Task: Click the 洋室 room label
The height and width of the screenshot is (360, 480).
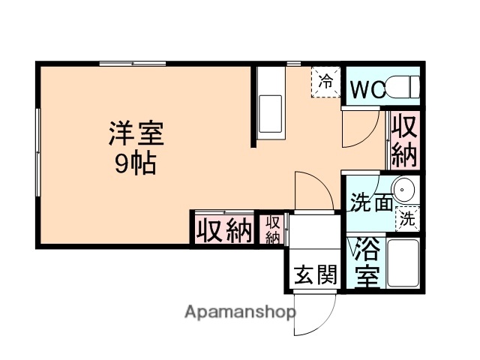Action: pos(135,135)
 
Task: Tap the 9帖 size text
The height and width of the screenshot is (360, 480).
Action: pos(135,164)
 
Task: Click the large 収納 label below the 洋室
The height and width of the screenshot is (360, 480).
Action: pos(223,230)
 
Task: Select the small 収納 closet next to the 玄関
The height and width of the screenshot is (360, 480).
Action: pos(271,229)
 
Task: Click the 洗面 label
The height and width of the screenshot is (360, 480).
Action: pos(370,202)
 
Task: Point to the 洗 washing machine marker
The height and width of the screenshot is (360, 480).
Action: pos(407,219)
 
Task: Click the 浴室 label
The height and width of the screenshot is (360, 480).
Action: pos(366,262)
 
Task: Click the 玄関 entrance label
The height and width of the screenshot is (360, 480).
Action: pos(314,275)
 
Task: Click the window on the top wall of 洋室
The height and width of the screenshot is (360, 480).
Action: pos(133,64)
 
